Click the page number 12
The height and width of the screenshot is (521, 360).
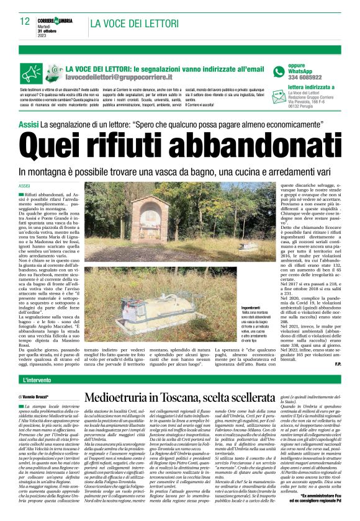[25, 22]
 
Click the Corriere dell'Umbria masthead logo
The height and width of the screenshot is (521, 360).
[58, 20]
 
